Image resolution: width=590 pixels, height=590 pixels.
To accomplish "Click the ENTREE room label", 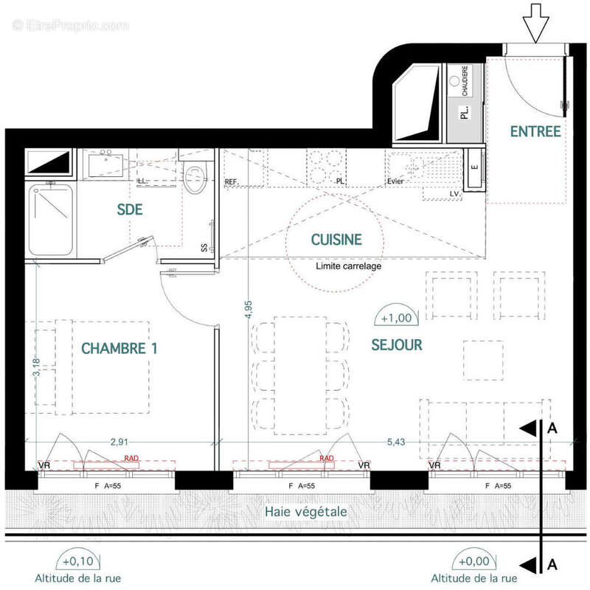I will [x=535, y=132].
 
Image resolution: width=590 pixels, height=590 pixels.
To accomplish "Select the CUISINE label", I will [x=336, y=239].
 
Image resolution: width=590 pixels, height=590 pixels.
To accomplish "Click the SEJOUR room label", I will [x=397, y=344].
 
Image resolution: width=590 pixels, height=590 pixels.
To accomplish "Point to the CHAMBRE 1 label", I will [x=119, y=348].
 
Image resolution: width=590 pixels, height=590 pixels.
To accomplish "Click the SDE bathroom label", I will [x=129, y=210].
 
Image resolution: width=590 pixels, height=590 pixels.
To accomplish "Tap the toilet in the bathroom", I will [x=195, y=177].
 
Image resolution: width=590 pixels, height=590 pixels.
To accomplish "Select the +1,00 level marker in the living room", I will [x=397, y=318].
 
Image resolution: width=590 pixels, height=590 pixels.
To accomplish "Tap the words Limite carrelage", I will [x=348, y=266].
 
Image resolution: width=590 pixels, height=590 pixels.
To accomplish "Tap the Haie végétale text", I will [x=305, y=511].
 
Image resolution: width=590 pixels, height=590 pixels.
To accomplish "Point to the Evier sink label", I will [x=396, y=181].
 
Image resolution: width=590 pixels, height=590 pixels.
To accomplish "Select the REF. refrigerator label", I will [x=232, y=181].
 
